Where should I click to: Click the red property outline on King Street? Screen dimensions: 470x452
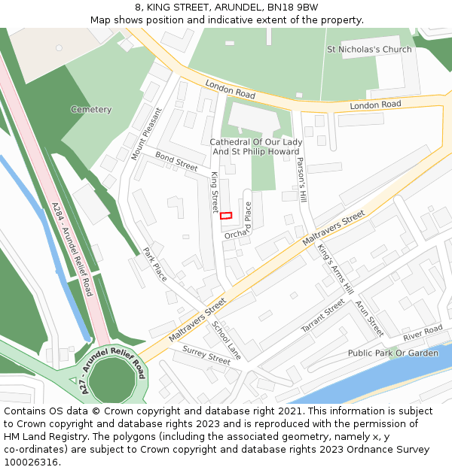pyautogui.click(x=226, y=216)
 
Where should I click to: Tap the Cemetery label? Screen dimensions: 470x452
pyautogui.click(x=91, y=110)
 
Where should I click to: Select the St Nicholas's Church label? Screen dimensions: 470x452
pyautogui.click(x=369, y=50)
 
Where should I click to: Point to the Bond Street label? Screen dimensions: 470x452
pyautogui.click(x=176, y=160)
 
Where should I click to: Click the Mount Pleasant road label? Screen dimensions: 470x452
pyautogui.click(x=146, y=134)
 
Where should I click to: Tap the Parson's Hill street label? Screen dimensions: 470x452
pyautogui.click(x=301, y=180)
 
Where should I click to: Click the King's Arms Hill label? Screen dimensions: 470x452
pyautogui.click(x=335, y=268)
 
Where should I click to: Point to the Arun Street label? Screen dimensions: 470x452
pyautogui.click(x=369, y=319)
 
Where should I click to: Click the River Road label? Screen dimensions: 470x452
pyautogui.click(x=422, y=332)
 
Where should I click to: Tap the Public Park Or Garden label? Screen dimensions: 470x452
pyautogui.click(x=392, y=353)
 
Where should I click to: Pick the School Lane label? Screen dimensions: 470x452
pyautogui.click(x=226, y=340)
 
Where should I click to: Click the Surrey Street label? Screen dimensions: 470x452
pyautogui.click(x=206, y=356)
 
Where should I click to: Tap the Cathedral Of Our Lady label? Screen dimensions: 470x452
pyautogui.click(x=256, y=142)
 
